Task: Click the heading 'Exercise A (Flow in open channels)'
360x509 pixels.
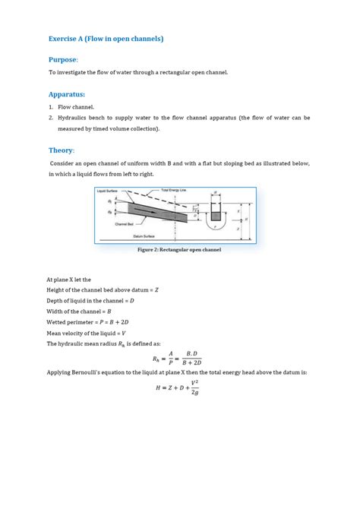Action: (x=106, y=38)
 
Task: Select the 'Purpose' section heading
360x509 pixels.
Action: (x=63, y=59)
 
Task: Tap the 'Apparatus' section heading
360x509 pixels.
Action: (x=66, y=95)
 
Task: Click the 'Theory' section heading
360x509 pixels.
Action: (x=61, y=150)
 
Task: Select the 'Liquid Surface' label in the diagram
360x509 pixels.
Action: (x=108, y=191)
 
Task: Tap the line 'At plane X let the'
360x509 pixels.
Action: (x=71, y=280)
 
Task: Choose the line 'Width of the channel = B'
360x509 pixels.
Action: (x=79, y=311)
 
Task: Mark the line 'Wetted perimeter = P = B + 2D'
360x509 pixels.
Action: (x=84, y=322)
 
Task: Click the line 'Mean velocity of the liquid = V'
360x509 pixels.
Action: (x=86, y=333)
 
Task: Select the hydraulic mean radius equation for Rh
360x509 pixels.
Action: (x=179, y=358)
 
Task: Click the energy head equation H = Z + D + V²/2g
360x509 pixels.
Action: (x=179, y=389)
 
